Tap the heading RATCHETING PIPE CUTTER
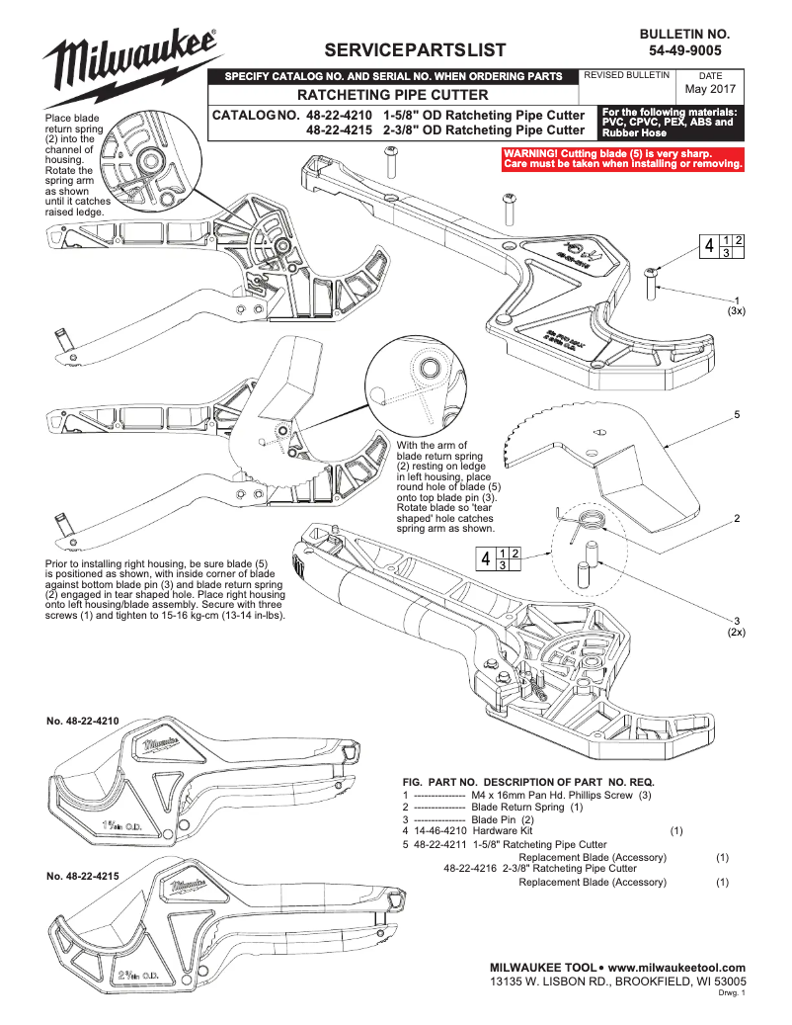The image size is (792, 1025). coord(393,95)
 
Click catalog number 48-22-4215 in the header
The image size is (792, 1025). coord(341,129)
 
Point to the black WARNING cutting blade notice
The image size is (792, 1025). coord(622,158)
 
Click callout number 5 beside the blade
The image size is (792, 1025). coord(736,414)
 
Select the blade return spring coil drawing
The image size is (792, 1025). coord(589,521)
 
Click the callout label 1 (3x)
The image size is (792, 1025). coord(736,305)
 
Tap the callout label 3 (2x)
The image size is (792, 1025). coord(736,626)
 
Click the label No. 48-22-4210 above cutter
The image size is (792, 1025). coord(83,722)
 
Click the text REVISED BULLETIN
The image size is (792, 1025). coord(628,75)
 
